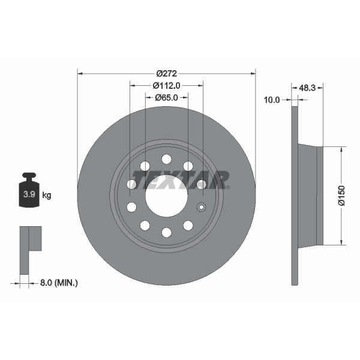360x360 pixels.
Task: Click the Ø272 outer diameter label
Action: [x=166, y=73]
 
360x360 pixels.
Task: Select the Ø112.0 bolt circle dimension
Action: [x=166, y=85]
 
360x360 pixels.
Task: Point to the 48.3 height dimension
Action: [x=307, y=88]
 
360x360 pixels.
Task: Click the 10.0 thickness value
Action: [x=272, y=100]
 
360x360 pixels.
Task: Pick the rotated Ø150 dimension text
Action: [x=341, y=196]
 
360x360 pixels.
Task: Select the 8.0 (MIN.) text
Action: [x=58, y=281]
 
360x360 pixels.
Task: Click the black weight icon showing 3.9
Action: [x=29, y=192]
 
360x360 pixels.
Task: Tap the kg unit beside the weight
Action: [x=47, y=195]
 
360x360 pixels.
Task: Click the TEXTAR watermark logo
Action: [x=180, y=179]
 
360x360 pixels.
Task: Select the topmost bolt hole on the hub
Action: [x=166, y=159]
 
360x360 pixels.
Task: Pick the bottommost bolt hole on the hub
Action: [x=166, y=232]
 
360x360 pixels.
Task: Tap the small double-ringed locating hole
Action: [x=202, y=208]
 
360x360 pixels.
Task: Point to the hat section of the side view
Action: [x=311, y=196]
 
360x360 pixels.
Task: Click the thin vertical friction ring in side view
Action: [x=295, y=196]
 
